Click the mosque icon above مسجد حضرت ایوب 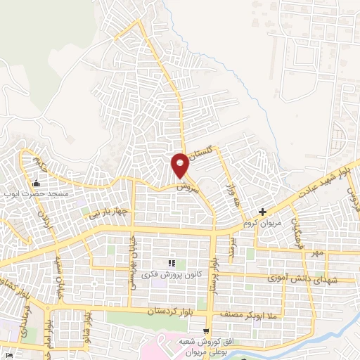click(x=36, y=184)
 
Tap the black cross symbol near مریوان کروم click(x=262, y=211)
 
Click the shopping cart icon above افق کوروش click(x=205, y=330)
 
